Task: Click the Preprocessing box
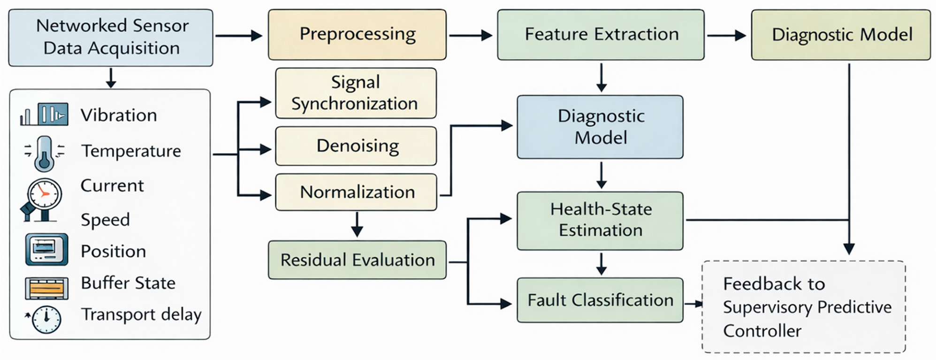tap(357, 35)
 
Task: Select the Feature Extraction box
tap(601, 35)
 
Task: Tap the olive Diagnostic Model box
tap(841, 35)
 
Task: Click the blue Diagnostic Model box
tap(600, 127)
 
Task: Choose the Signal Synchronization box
tap(356, 93)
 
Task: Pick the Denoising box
tap(356, 146)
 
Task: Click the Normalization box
tap(356, 192)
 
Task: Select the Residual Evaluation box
tap(357, 260)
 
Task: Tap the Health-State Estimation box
tap(600, 221)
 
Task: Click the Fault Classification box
tap(600, 300)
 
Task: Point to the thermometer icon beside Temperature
tap(45, 153)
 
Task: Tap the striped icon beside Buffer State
tap(46, 288)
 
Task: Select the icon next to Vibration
tap(45, 114)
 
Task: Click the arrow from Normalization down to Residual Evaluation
tap(357, 224)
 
